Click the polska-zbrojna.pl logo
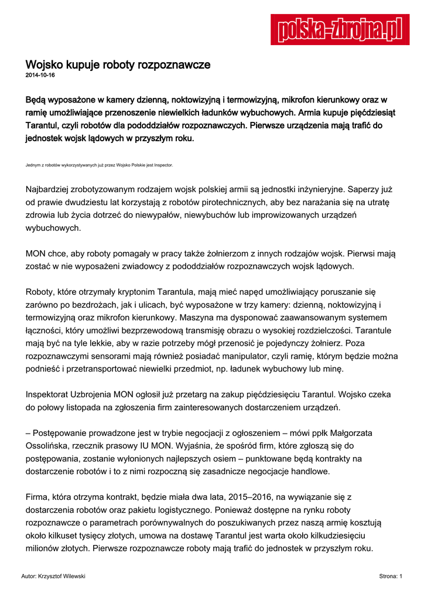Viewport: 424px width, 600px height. (340, 29)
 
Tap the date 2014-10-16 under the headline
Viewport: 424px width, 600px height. (40, 76)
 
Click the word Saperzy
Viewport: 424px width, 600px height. (370, 189)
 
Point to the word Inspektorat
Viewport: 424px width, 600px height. (51, 395)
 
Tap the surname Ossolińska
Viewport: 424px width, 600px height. (50, 446)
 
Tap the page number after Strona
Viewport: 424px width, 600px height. (401, 577)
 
